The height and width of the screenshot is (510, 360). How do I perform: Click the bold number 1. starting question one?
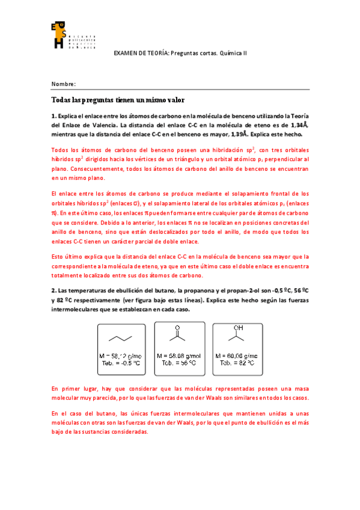click(54, 116)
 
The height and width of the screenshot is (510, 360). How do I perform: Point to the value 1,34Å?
click(295, 125)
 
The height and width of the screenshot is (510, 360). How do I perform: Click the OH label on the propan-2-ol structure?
click(239, 327)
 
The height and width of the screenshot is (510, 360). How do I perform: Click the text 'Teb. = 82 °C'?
click(239, 363)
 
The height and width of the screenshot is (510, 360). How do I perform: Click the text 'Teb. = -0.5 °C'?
click(121, 363)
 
